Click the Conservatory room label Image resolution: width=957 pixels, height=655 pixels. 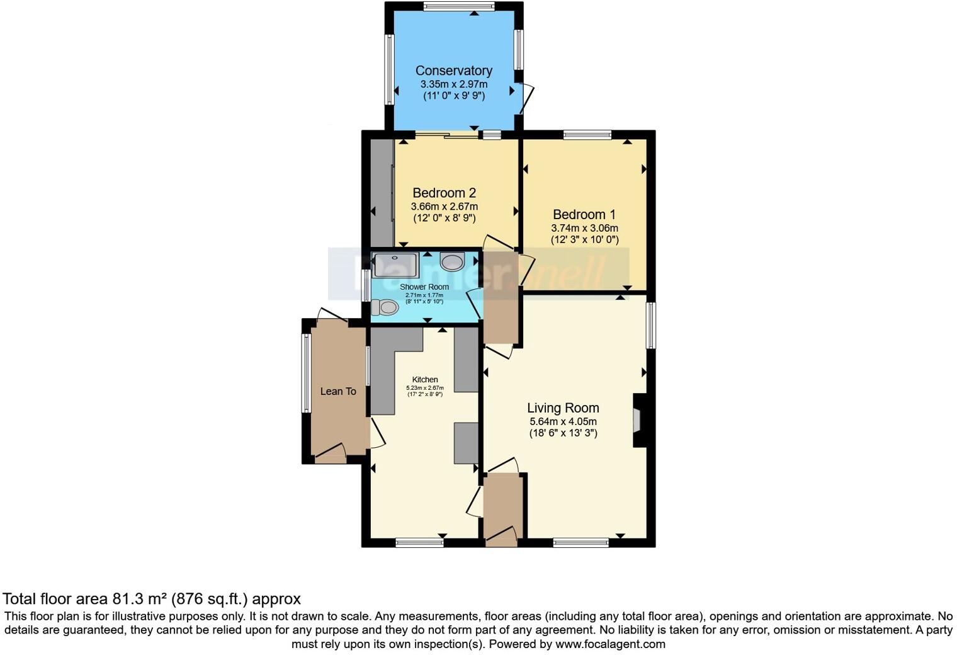(453, 71)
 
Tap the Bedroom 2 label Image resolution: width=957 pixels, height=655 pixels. (444, 193)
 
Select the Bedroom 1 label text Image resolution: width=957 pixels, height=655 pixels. (584, 214)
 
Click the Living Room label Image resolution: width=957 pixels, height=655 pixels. (563, 407)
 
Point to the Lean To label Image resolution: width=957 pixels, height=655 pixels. (338, 391)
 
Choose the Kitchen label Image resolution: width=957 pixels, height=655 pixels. (425, 379)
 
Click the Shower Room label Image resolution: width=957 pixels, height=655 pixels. (424, 287)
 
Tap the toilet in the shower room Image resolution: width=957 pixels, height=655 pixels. (385, 307)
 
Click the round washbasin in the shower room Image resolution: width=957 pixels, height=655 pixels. (452, 261)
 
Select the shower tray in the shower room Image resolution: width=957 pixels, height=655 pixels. (395, 265)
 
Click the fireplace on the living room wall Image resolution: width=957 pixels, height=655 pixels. (638, 420)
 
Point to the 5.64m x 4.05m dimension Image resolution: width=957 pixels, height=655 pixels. (563, 421)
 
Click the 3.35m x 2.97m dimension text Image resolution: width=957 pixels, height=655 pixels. (453, 84)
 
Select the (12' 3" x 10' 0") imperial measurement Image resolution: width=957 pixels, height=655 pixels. (585, 240)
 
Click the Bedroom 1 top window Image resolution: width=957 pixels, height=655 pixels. (587, 134)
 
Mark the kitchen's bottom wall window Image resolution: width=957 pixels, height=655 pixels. (419, 542)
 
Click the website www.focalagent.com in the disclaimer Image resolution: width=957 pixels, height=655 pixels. (609, 644)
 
